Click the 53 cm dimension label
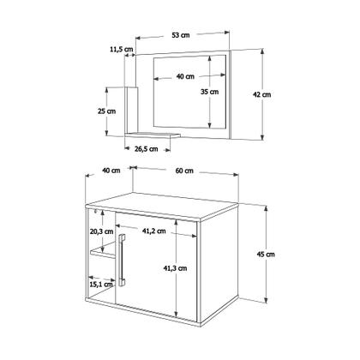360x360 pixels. point(180,35)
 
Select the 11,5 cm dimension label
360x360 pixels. point(123,50)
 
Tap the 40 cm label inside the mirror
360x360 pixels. point(184,76)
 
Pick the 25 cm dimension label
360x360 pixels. point(106,111)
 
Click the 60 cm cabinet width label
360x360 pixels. point(183,171)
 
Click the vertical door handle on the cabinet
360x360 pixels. point(124,266)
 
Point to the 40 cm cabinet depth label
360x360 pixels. point(110,171)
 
